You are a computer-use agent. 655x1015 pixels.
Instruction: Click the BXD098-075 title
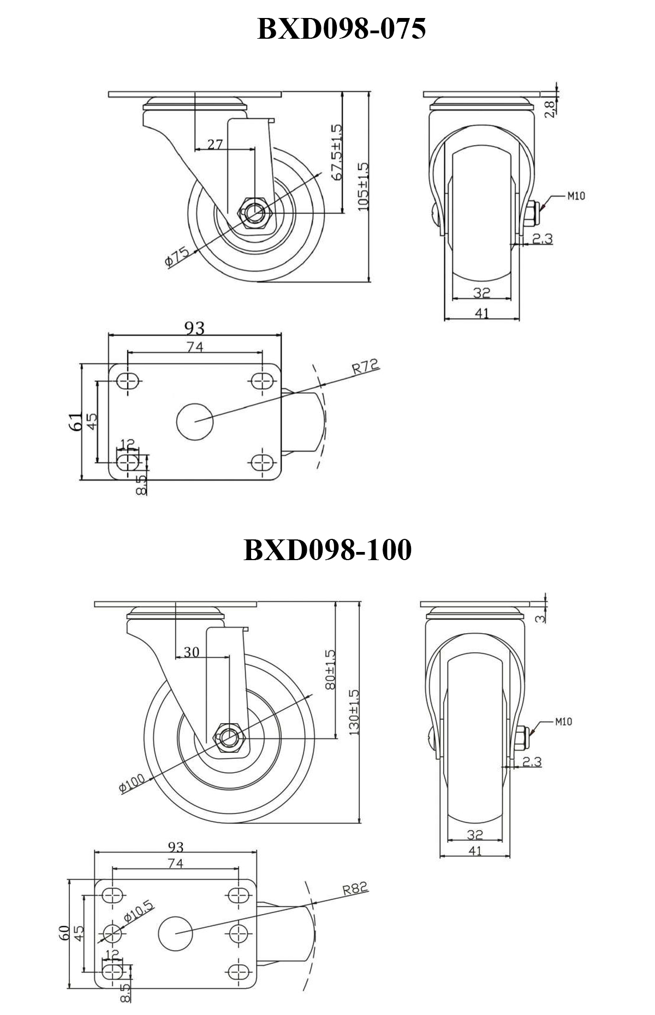click(341, 29)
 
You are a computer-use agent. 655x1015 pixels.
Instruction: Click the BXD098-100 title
click(327, 550)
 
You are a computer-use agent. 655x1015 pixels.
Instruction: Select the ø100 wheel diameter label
click(132, 784)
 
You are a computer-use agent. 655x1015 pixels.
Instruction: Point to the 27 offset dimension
click(215, 144)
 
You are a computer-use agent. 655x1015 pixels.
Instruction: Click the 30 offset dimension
click(191, 652)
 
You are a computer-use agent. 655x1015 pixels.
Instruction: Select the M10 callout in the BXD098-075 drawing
click(575, 195)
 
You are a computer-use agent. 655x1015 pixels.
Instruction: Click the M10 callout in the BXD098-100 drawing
click(563, 722)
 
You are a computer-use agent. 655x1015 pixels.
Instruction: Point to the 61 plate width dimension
click(76, 422)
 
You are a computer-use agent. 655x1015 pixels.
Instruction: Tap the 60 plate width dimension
click(64, 932)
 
